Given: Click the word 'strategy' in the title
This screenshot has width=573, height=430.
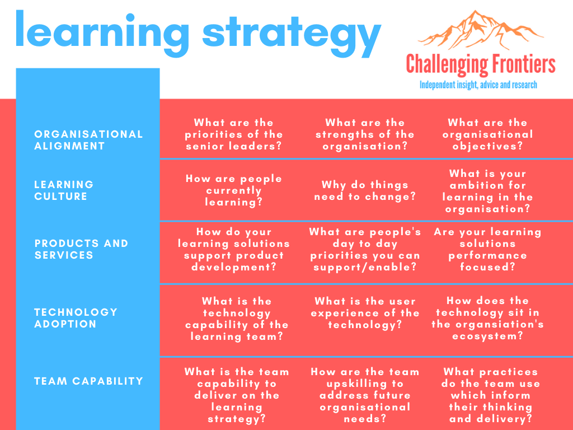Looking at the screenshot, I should coord(292,32).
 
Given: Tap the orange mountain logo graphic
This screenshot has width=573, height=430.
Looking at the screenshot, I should coord(480,31).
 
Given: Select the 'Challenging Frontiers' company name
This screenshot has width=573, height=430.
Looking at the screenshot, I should coord(481,65).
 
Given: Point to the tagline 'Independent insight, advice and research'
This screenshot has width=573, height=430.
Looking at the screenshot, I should coord(478,85).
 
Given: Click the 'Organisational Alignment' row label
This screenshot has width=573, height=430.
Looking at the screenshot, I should coord(88,140).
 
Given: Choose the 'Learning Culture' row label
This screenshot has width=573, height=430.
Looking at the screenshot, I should coord(64,190).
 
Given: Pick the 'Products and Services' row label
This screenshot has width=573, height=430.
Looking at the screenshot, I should coord(81,249).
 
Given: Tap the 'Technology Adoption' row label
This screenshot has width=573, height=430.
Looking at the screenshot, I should coord(76,318).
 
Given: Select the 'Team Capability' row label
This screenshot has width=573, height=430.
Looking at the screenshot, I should coord(88,381).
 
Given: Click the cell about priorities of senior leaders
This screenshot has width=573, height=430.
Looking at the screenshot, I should coord(234,134).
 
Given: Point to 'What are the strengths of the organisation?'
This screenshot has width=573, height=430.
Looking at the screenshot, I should coord(365,134).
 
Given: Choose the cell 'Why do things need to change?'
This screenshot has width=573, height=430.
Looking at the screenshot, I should coord(365,190).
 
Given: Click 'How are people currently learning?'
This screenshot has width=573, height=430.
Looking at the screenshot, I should coord(234,190).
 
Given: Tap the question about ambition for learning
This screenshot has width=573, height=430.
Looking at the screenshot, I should coord(487,191).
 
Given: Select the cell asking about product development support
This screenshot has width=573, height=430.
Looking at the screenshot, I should coord(234,250).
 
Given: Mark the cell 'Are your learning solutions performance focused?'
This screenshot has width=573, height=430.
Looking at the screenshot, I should coord(487,250).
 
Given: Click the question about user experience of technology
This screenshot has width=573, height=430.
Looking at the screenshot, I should coord(365,313).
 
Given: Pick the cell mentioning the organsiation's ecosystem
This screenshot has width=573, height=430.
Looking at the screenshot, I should coord(487,319).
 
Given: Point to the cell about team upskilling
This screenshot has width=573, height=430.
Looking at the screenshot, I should coord(365,395).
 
